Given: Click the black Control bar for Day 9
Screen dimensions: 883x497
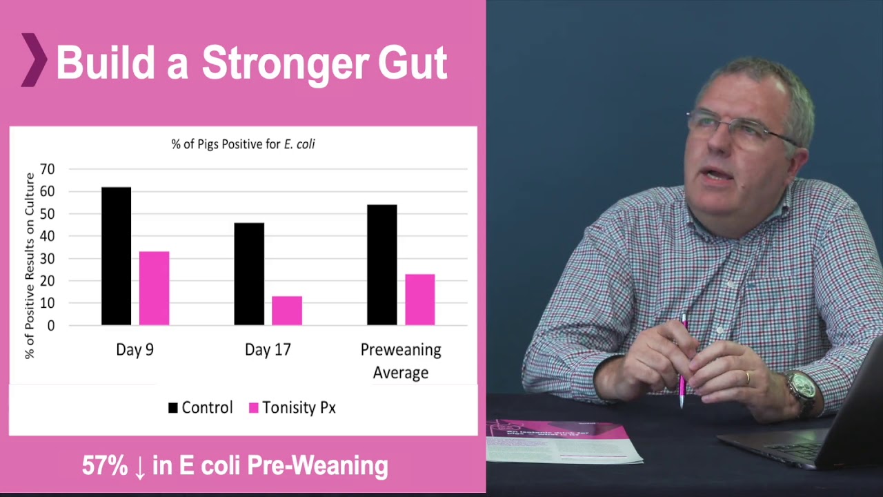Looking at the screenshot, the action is point(117,256).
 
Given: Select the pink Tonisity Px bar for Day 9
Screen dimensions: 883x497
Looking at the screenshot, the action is point(154,289).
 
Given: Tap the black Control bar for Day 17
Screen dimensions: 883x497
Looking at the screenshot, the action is point(249,274).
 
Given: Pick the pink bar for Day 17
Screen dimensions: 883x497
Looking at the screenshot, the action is point(287,311).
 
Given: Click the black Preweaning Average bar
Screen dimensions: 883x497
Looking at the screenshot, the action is point(382,265).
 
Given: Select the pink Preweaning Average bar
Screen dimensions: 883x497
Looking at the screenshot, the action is point(420,300).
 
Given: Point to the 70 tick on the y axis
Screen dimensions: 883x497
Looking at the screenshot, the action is point(48,169).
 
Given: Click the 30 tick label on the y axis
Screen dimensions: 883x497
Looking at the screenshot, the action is point(48,259).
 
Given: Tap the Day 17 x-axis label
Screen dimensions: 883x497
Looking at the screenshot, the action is point(268,349).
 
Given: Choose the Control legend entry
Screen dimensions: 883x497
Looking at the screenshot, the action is point(201,407).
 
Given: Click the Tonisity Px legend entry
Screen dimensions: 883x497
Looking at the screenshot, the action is point(292,407).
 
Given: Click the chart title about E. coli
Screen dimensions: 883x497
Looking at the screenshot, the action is point(244,144).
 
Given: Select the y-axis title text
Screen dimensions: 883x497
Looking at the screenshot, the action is point(30,266).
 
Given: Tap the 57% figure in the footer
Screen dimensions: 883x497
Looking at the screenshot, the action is point(105,465).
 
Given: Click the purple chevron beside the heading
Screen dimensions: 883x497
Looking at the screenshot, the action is point(34,60).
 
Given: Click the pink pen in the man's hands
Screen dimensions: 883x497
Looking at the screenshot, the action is point(684,361).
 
